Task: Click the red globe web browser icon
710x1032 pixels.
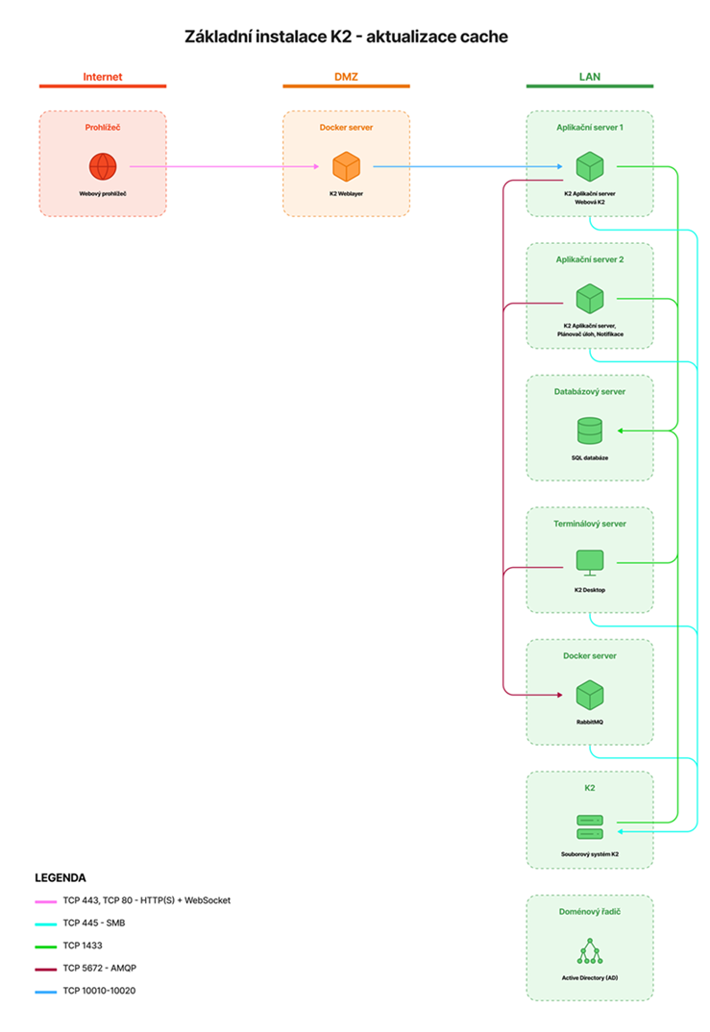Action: tap(103, 166)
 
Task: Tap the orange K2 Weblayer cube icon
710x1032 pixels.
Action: tap(346, 166)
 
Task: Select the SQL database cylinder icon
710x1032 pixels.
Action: tap(590, 430)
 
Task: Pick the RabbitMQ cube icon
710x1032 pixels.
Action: tap(590, 695)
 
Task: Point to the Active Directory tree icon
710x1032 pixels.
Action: tap(590, 951)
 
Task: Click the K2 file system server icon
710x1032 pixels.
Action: tap(590, 827)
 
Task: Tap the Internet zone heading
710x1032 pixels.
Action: tap(103, 77)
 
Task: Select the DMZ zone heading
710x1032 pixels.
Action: tap(346, 77)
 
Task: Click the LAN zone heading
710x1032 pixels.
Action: tap(590, 77)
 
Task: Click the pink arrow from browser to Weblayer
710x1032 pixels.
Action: tap(225, 166)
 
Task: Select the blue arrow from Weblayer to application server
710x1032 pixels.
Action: tap(468, 166)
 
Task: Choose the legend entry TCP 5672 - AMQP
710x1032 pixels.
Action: tap(99, 969)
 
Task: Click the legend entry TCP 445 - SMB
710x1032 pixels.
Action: tap(94, 923)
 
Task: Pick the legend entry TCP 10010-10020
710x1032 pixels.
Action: tap(99, 991)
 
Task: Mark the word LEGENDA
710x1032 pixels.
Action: tap(61, 878)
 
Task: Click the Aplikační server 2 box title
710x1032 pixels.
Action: tap(590, 260)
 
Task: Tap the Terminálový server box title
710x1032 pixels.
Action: tap(590, 524)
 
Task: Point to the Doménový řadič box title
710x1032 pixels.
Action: tap(590, 912)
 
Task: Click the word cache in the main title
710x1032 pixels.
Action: tap(484, 37)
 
